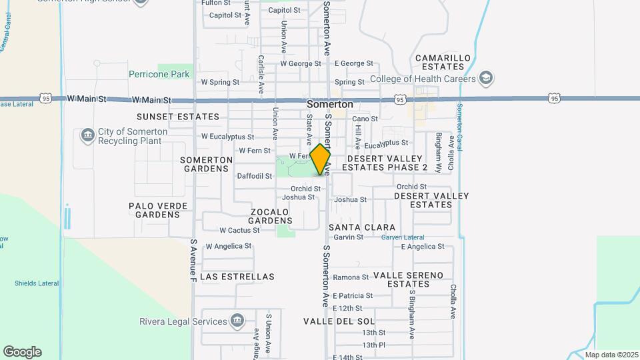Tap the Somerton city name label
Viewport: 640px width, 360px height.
point(330,105)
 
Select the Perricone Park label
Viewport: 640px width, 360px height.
point(159,75)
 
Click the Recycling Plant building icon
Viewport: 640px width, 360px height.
point(87,136)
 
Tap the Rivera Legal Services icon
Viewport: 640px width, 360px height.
point(237,321)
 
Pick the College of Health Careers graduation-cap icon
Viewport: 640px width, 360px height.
point(486,79)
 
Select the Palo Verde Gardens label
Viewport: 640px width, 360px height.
point(158,210)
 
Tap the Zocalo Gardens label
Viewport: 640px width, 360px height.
point(271,216)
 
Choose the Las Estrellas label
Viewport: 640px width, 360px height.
point(237,276)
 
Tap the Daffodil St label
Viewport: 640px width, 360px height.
point(254,176)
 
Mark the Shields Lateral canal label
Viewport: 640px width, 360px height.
point(37,283)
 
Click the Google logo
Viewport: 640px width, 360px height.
point(22,352)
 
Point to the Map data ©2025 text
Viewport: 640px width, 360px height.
point(611,355)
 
